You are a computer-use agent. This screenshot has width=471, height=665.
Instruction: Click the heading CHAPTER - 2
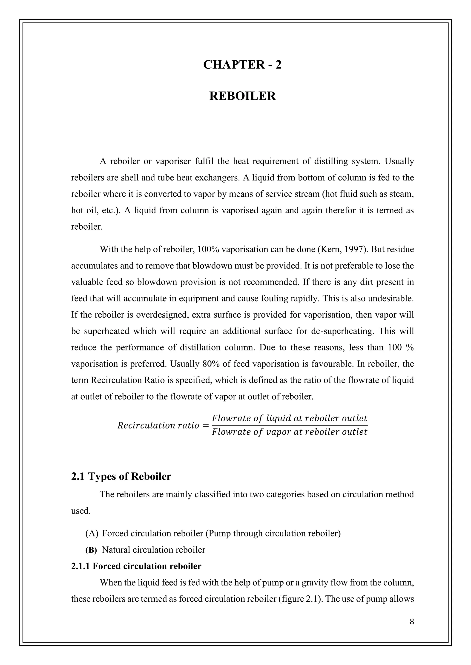coord(242,64)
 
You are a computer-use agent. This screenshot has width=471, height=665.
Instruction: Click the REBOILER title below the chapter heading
coord(242,96)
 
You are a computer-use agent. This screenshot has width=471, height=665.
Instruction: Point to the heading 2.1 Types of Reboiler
coord(121,476)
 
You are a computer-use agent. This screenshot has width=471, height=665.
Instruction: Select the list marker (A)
coord(92,533)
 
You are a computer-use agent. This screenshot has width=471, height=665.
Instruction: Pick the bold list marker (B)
coord(91,550)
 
